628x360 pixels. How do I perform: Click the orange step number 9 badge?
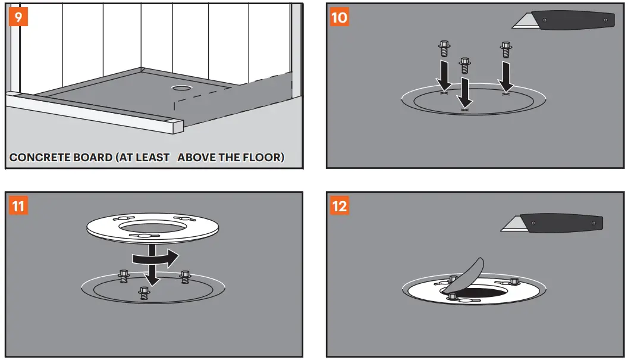tap(18, 17)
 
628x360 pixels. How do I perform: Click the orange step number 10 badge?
tap(339, 17)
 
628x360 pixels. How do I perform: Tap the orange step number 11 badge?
tap(18, 206)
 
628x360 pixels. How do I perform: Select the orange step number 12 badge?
tap(339, 206)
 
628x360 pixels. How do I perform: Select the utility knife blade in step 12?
tap(511, 224)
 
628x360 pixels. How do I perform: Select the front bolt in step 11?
tap(143, 292)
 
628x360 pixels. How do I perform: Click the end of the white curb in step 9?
tap(177, 126)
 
